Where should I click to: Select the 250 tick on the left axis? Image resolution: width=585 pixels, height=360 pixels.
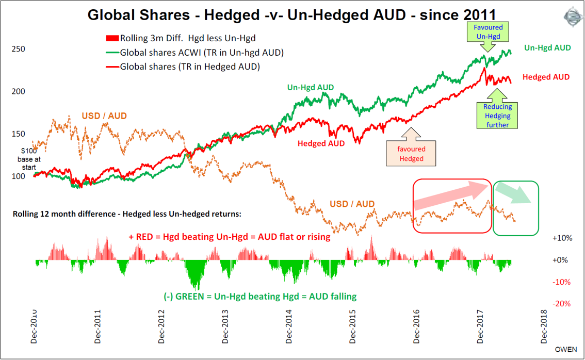[18, 49]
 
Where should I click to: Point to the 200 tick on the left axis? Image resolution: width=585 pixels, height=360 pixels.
[18, 91]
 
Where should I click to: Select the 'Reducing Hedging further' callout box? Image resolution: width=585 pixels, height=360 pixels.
[497, 116]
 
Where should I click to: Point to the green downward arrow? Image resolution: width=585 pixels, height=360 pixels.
[515, 194]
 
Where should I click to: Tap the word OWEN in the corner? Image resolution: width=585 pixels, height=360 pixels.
[566, 349]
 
